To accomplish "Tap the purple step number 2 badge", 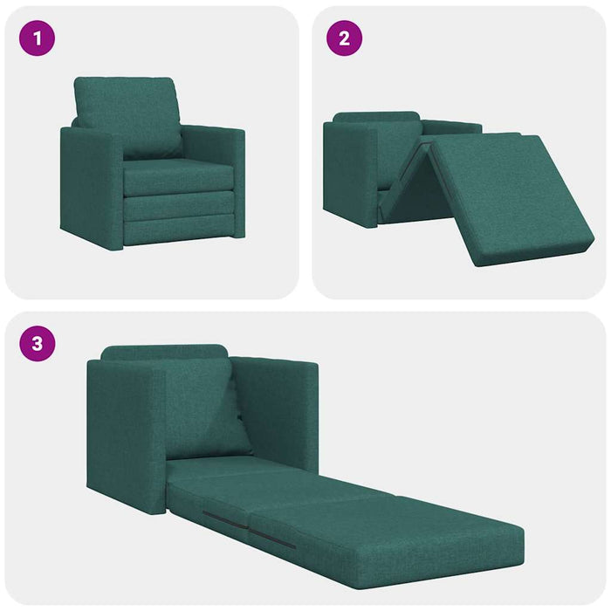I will pyautogui.click(x=345, y=38).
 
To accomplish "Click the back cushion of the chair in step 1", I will pyautogui.click(x=128, y=113).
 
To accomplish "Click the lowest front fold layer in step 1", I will pyautogui.click(x=179, y=231).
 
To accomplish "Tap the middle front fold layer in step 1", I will pyautogui.click(x=179, y=207).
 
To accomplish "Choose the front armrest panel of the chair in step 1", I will pyautogui.click(x=90, y=188).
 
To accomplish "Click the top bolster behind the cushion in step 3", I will pyautogui.click(x=166, y=353).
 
